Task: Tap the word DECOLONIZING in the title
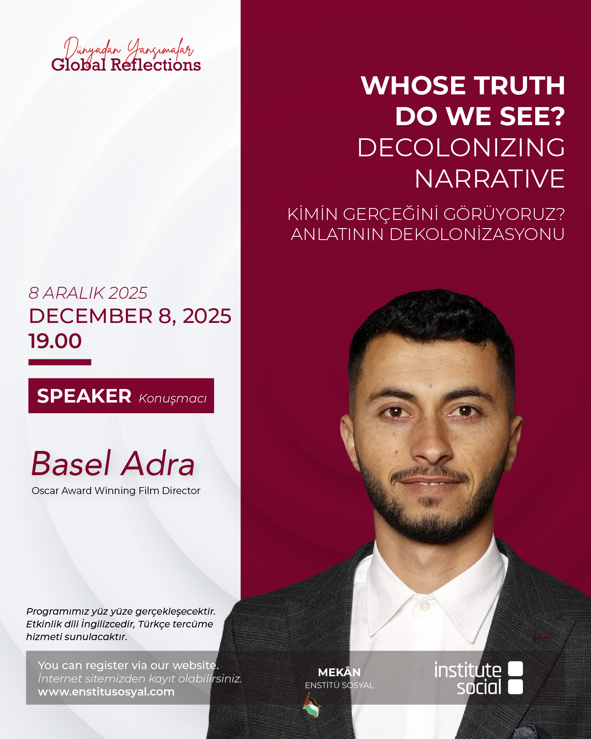pyautogui.click(x=461, y=148)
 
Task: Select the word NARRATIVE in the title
pyautogui.click(x=490, y=179)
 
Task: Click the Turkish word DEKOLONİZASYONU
pyautogui.click(x=477, y=234)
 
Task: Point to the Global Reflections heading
pyautogui.click(x=126, y=65)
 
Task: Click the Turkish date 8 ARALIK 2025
pyautogui.click(x=88, y=293)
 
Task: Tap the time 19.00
pyautogui.click(x=55, y=341)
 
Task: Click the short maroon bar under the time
pyautogui.click(x=60, y=362)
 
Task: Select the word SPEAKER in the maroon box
pyautogui.click(x=84, y=396)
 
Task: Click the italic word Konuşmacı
pyautogui.click(x=173, y=398)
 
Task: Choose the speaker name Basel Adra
pyautogui.click(x=113, y=464)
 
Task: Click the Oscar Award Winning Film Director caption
pyautogui.click(x=116, y=491)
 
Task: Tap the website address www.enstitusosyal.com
pyautogui.click(x=106, y=692)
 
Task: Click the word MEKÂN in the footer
pyautogui.click(x=339, y=672)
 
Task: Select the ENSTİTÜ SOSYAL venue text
pyautogui.click(x=339, y=685)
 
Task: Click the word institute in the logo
pyautogui.click(x=468, y=670)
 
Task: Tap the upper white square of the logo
pyautogui.click(x=516, y=668)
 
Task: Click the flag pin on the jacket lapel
pyautogui.click(x=311, y=706)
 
